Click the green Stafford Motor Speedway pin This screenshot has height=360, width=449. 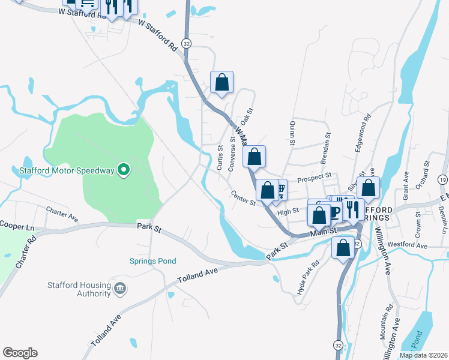pos(124,170)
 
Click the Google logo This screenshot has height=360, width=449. pos(20,353)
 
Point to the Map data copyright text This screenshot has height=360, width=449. pos(423,355)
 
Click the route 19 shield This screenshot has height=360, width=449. pos(442,179)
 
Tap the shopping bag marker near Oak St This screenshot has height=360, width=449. pos(221,82)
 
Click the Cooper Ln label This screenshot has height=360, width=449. pos(16,228)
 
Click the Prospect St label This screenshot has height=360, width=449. pos(315,176)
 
